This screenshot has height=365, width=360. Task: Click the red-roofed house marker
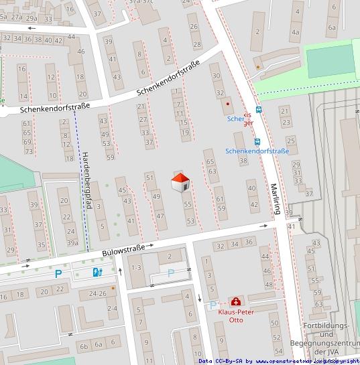click(x=180, y=182)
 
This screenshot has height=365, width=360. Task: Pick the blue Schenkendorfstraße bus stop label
click(x=257, y=151)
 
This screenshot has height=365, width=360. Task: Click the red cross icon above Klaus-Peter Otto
click(x=236, y=302)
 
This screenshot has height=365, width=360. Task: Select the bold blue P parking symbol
click(x=58, y=273)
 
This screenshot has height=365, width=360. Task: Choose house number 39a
click(x=72, y=242)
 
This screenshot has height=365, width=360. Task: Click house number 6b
click(x=83, y=346)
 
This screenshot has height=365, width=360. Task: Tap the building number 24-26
click(x=98, y=293)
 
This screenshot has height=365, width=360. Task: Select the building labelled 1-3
click(x=136, y=268)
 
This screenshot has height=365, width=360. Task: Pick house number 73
click(x=28, y=151)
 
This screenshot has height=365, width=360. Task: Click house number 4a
click(x=296, y=31)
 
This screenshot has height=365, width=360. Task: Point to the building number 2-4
click(x=112, y=308)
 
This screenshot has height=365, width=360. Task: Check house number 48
click(x=268, y=285)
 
